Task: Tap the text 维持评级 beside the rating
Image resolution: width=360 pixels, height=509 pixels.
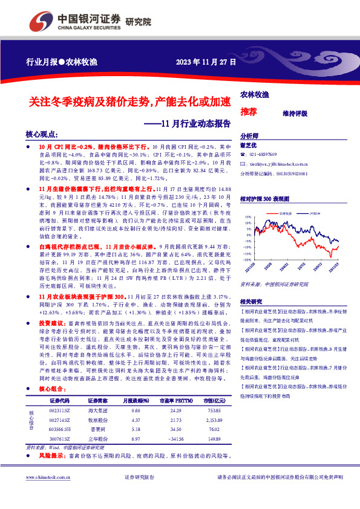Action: pyautogui.click(x=295, y=113)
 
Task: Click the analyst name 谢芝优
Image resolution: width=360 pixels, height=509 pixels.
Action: pyautogui.click(x=249, y=146)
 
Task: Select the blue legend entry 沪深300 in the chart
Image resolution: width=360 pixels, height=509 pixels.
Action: pyautogui.click(x=316, y=213)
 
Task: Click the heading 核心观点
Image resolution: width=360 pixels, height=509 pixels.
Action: pyautogui.click(x=42, y=134)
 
